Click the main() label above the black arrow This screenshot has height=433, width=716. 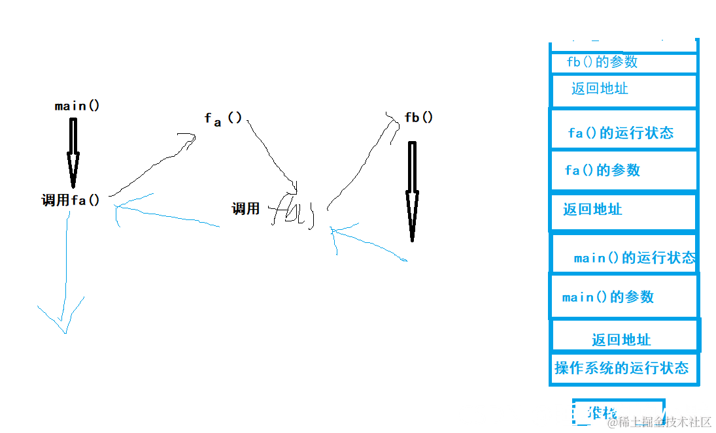tap(77, 106)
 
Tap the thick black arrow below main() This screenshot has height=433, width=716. tap(73, 152)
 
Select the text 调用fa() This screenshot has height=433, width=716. tap(71, 200)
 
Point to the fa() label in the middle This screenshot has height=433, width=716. tap(223, 119)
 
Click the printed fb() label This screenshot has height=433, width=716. tap(418, 118)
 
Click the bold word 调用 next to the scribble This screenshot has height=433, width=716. tap(246, 209)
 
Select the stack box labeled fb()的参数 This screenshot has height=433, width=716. tap(623, 63)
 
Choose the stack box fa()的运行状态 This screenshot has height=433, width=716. tap(623, 133)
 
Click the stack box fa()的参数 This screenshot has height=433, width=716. tap(623, 170)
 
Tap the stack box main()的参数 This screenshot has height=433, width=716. tap(623, 297)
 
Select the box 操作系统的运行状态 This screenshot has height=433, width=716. tap(623, 368)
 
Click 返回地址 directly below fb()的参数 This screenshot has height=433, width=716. tap(623, 89)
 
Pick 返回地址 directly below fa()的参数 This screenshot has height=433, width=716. tap(623, 210)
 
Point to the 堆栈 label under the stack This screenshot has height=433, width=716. tap(602, 413)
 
